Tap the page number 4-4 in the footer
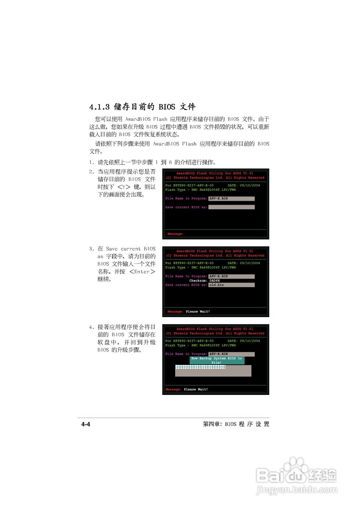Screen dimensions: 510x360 pos(86,424)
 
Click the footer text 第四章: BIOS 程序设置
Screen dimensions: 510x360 pos(236,424)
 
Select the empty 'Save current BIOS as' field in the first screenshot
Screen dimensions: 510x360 pos(231,207)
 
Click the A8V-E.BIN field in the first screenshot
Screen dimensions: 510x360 pos(231,198)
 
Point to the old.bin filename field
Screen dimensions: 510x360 pos(231,285)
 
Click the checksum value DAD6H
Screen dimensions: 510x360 pos(215,280)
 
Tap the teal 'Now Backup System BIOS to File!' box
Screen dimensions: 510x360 pos(217,360)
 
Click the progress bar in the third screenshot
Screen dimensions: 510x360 pos(213,371)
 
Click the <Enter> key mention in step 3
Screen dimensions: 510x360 pos(142,272)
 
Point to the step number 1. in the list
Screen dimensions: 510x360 pos(92,162)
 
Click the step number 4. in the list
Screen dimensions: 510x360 pos(92,327)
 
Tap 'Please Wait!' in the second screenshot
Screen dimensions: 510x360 pos(198,312)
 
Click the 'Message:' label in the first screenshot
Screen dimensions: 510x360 pos(176,234)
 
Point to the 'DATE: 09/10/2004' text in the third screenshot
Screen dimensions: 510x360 pos(243,341)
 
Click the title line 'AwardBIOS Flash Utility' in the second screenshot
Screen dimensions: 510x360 pos(215,251)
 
